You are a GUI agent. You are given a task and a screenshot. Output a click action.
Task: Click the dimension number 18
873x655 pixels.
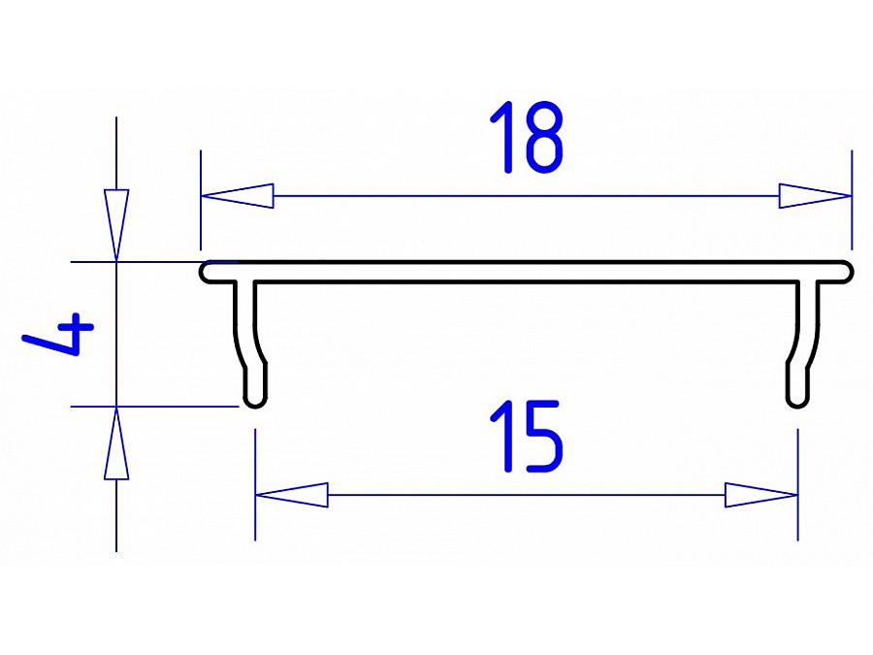pos(526,139)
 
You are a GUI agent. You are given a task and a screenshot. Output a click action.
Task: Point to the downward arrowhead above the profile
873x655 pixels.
pos(116,225)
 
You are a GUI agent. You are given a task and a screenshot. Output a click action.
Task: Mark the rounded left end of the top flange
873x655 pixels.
pos(207,272)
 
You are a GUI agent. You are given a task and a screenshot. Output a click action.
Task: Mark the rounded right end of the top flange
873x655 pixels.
pos(847,272)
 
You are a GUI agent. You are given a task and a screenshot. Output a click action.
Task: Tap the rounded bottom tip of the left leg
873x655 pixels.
pos(254,400)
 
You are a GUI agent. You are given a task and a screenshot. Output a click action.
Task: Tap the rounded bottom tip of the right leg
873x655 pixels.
pos(797,400)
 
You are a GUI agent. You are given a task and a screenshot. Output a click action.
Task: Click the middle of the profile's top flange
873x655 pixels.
pos(526,272)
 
